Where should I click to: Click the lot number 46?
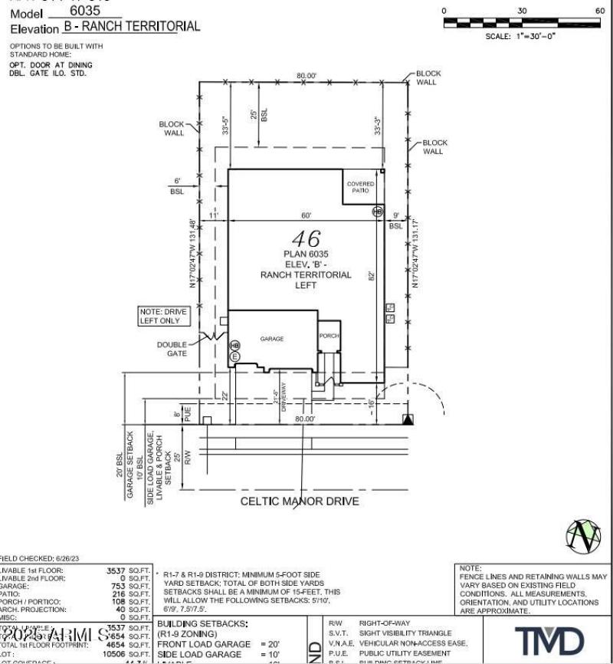305,238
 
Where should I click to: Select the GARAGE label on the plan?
272,338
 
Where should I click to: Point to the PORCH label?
329,336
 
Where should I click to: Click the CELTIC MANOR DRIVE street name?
300,501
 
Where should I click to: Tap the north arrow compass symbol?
582,535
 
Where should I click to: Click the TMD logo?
549,641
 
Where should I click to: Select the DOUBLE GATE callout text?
172,349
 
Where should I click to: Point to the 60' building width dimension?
306,215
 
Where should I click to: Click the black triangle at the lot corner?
408,419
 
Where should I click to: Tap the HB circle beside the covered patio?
377,211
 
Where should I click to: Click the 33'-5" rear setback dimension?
225,125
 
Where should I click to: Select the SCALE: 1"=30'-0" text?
521,36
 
